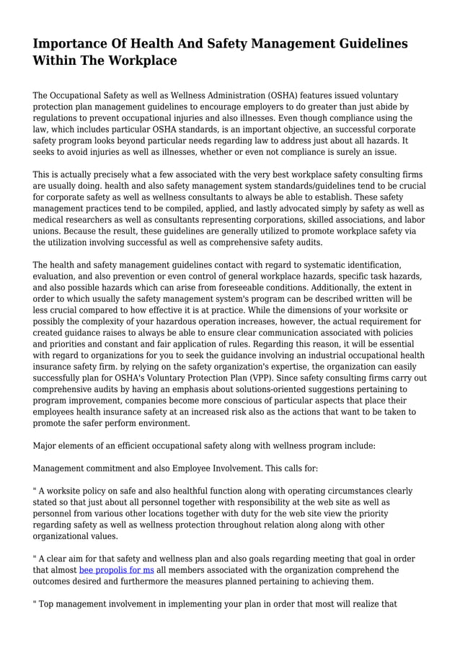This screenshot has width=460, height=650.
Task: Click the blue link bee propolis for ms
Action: (116, 570)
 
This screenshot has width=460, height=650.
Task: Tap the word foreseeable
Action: (234, 287)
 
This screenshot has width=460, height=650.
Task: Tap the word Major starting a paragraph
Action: (46, 446)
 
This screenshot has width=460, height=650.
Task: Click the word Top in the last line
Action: (48, 603)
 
